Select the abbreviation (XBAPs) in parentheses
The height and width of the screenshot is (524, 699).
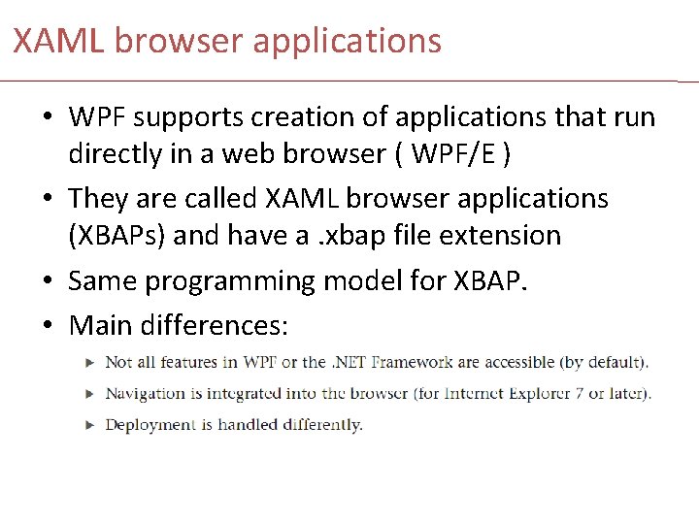tap(119, 235)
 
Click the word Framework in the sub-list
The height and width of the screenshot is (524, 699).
tap(407, 362)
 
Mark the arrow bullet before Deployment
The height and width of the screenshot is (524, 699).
tap(89, 424)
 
